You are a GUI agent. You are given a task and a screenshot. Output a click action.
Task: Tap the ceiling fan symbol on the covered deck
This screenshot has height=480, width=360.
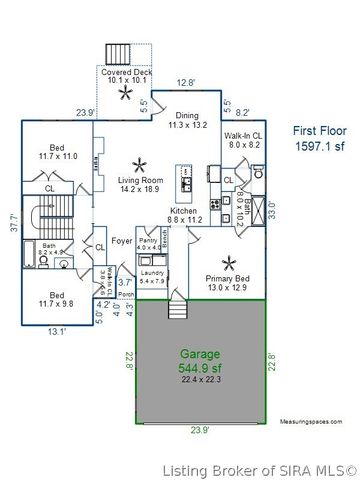(x=125, y=94)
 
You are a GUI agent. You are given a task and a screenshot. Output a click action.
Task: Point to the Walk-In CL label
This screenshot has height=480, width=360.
(x=243, y=139)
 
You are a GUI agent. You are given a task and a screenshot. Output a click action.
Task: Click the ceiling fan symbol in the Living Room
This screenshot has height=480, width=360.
(x=140, y=163)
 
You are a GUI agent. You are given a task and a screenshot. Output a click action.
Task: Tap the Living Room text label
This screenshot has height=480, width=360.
(x=140, y=182)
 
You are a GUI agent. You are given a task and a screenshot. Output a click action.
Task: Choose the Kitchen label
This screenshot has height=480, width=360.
(x=183, y=215)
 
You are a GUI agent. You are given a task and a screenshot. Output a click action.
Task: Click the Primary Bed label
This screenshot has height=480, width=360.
(x=228, y=283)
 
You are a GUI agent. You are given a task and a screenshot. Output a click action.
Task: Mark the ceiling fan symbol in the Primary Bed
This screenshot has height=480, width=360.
(x=229, y=263)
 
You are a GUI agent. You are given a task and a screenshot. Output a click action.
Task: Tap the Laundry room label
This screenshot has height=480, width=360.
(x=152, y=276)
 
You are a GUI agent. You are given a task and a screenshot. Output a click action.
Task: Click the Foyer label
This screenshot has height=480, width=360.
(x=121, y=241)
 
